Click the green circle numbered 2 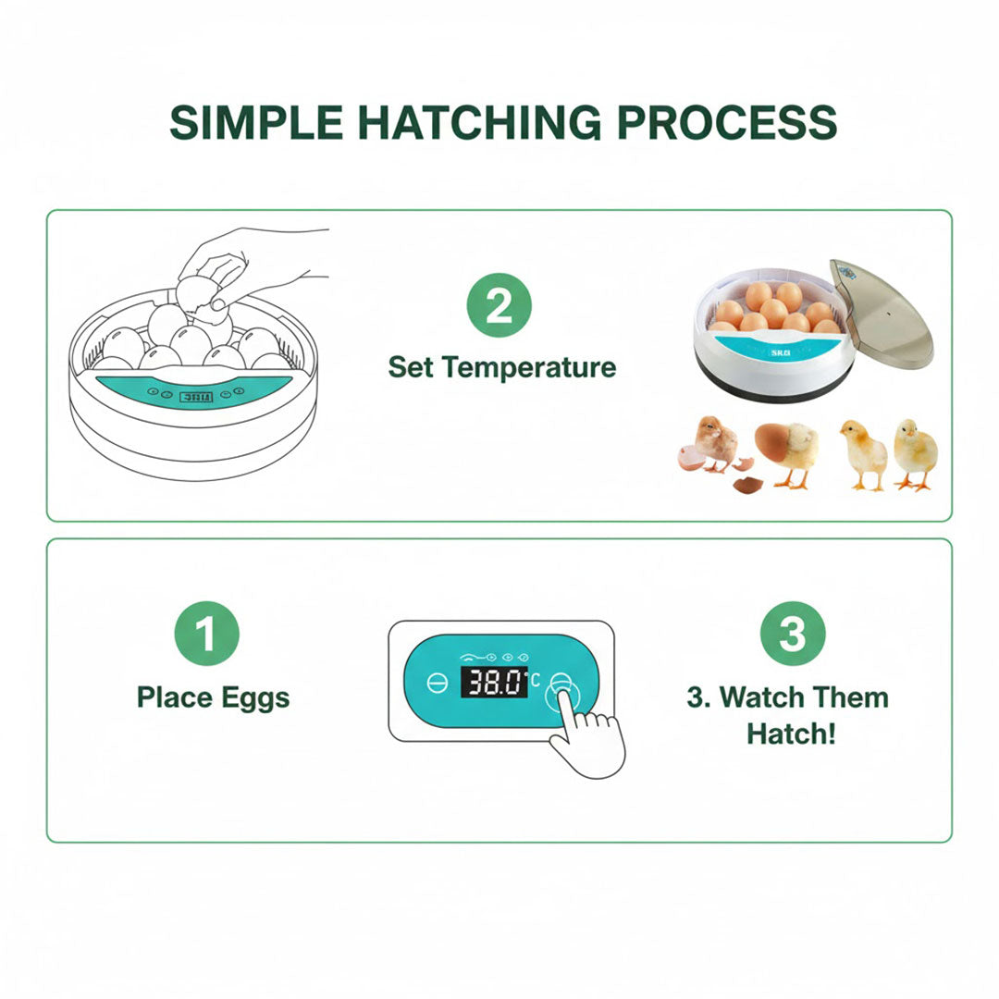click(x=499, y=306)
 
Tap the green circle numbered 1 click(x=206, y=635)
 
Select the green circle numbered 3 click(x=792, y=635)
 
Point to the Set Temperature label click(x=501, y=367)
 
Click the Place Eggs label click(x=213, y=697)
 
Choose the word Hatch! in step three click(x=791, y=734)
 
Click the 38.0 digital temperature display click(x=494, y=683)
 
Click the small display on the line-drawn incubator click(x=195, y=395)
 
